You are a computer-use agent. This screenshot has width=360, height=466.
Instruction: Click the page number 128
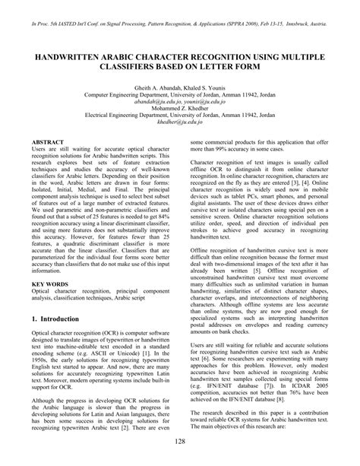tap(179, 442)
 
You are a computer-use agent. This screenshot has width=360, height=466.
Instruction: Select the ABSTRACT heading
tap(49, 142)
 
